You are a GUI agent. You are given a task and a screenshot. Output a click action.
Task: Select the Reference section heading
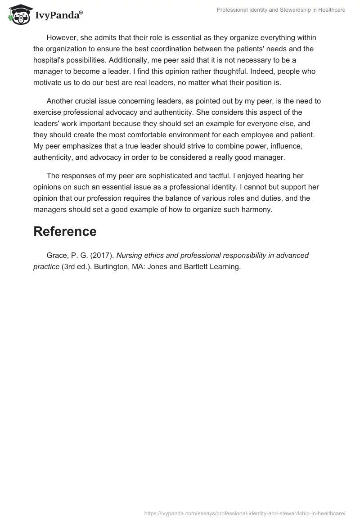pyautogui.click(x=65, y=231)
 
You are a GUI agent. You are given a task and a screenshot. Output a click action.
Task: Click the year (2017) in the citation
pyautogui.click(x=101, y=256)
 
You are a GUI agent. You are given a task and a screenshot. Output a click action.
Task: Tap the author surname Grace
pyautogui.click(x=57, y=256)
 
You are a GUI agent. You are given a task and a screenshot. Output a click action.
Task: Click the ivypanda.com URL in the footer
pyautogui.click(x=245, y=513)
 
